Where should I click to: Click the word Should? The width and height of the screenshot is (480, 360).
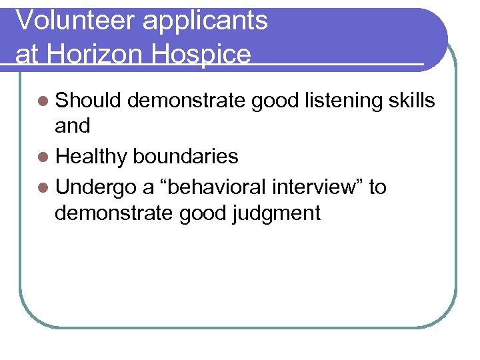point(88,101)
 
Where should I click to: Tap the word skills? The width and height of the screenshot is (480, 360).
point(411,101)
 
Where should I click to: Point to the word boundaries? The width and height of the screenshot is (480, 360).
point(185,157)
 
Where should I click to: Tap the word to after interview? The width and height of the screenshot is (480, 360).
point(377,187)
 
